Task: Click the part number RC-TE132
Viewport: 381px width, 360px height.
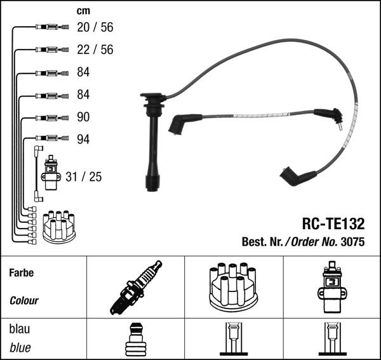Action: (333, 223)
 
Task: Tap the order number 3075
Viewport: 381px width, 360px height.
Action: (352, 242)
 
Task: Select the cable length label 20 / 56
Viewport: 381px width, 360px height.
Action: (95, 27)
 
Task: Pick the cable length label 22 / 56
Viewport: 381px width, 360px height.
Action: (95, 50)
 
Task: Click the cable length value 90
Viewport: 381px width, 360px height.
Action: (83, 117)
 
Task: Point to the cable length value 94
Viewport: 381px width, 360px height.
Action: (83, 139)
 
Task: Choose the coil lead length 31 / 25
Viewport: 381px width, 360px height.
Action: (84, 177)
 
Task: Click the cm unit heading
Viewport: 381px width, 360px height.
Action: (83, 11)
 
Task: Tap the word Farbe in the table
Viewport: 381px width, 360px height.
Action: (22, 273)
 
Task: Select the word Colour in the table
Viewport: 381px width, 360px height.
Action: (24, 301)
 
